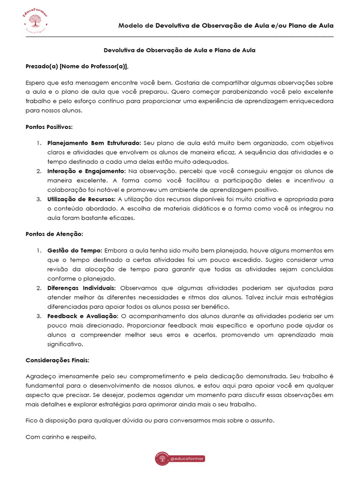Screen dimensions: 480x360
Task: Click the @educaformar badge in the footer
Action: click(x=180, y=459)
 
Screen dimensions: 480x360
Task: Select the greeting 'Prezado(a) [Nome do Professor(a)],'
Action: click(x=77, y=67)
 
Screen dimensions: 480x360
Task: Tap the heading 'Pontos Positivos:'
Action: click(x=49, y=127)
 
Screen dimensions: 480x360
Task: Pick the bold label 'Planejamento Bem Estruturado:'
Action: click(x=94, y=143)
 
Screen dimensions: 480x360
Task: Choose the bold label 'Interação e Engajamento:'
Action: click(x=86, y=171)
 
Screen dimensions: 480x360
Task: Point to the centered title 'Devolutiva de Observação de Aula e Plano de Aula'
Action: click(x=179, y=50)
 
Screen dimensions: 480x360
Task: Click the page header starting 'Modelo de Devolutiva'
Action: click(x=225, y=25)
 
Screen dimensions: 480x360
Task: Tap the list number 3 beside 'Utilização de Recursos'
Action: click(x=39, y=199)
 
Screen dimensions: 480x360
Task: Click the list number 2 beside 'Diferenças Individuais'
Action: click(x=39, y=288)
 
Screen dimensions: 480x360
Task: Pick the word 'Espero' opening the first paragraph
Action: click(x=35, y=82)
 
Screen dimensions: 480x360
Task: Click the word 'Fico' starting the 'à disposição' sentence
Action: click(x=31, y=420)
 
